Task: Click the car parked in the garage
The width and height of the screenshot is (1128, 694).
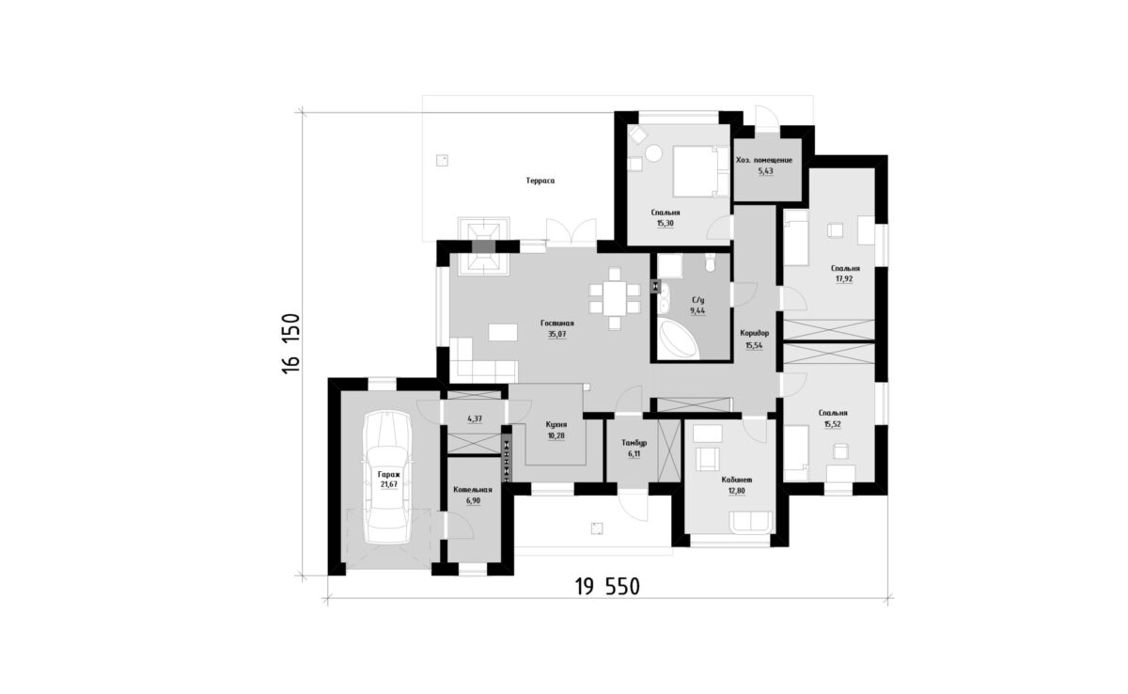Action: point(387,477)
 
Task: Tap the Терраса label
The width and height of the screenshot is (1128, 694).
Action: point(540,181)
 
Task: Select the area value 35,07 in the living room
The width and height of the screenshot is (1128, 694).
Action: point(556,334)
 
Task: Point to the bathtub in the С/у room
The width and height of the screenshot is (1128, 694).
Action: point(678,340)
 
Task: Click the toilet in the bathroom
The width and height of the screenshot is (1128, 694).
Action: point(710,261)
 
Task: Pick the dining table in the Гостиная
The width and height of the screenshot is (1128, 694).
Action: point(615,299)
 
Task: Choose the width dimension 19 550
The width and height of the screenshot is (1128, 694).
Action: point(607,587)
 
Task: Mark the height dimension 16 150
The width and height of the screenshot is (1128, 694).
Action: point(291,343)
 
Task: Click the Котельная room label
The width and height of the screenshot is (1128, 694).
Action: point(472,490)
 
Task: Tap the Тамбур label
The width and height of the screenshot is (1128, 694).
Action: point(634,443)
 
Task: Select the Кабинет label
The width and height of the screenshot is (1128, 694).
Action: point(737,480)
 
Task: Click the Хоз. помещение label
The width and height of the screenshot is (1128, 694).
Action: point(764,160)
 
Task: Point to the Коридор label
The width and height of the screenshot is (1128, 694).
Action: point(754,333)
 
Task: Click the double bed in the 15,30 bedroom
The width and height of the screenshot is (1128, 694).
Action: point(701,171)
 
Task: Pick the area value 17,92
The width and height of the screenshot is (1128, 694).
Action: point(844,278)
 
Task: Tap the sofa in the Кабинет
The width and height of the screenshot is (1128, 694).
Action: point(751,521)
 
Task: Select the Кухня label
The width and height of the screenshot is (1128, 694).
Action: point(556,424)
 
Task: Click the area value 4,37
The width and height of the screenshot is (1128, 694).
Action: point(475,418)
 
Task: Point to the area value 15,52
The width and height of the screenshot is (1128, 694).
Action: point(833,424)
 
